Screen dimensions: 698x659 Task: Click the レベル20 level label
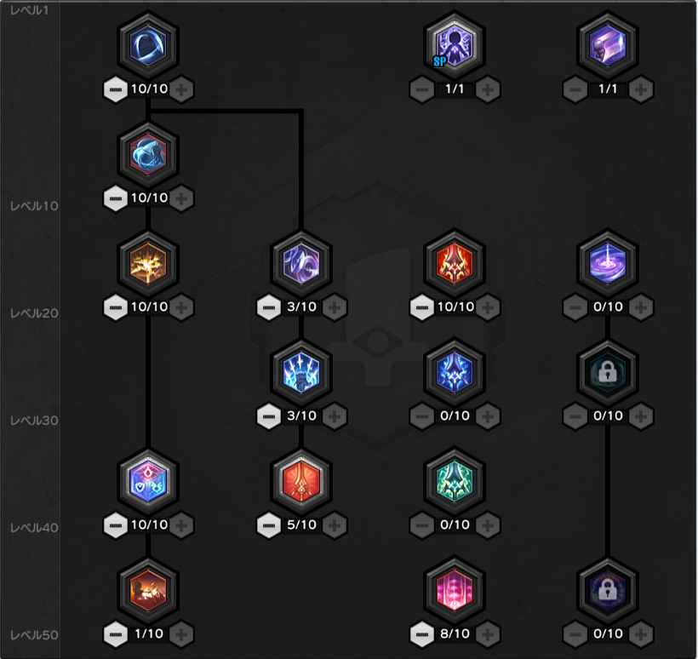34,313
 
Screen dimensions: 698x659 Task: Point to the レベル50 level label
34,635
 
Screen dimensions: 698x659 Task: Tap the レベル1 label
30,10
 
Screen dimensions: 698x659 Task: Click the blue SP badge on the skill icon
439,61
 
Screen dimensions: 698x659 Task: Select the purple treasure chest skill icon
608,45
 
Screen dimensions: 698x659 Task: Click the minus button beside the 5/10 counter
269,525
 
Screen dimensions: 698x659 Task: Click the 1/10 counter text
149,633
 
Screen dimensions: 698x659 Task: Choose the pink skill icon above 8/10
455,590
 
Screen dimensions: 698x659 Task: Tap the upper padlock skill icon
608,372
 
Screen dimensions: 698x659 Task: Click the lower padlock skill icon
608,590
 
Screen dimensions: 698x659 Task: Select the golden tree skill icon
148,263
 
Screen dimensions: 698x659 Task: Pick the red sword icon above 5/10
301,481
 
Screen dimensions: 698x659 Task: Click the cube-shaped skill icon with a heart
148,481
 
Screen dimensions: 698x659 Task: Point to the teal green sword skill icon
455,481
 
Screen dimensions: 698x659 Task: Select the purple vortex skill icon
608,263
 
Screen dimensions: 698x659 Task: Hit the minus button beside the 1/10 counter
116,634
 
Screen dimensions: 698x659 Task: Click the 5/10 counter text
302,524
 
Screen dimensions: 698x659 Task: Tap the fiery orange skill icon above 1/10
148,590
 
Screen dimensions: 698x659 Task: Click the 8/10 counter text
455,633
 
